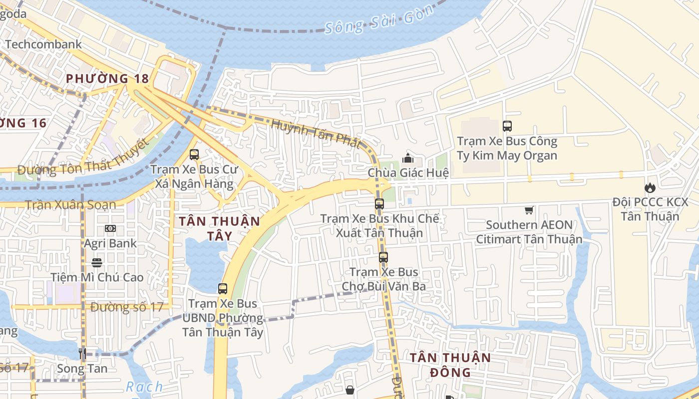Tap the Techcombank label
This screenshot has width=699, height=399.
click(x=43, y=44)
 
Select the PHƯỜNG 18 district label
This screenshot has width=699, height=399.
click(x=107, y=78)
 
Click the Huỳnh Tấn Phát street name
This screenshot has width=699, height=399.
click(x=316, y=133)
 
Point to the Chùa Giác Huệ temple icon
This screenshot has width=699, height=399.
click(x=408, y=159)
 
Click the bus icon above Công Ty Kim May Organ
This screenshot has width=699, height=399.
click(x=507, y=126)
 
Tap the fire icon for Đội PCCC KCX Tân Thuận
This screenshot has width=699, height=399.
click(x=650, y=188)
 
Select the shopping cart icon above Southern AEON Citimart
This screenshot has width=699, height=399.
click(x=529, y=210)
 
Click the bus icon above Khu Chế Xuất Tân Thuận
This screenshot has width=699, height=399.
click(x=379, y=203)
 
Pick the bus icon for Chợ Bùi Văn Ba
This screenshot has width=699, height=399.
click(x=383, y=257)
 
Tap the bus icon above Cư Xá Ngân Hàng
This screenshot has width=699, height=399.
click(x=194, y=155)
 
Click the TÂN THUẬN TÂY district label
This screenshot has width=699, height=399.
click(x=219, y=228)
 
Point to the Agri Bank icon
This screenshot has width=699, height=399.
click(x=110, y=228)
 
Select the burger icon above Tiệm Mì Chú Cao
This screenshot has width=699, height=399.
click(x=97, y=262)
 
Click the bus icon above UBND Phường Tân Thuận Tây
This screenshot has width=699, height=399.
click(x=223, y=288)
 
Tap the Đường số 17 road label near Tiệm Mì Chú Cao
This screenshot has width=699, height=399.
click(x=127, y=307)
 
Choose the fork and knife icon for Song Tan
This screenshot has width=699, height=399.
click(x=82, y=354)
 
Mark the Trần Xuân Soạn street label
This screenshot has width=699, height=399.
click(x=70, y=204)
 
